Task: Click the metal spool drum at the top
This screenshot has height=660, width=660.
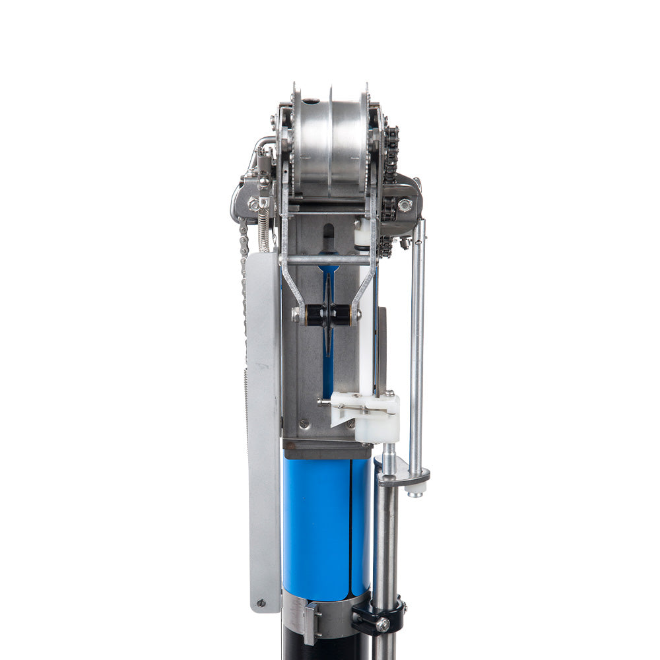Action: pos(313,148)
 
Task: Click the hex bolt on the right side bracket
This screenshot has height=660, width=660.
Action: pos(405,205)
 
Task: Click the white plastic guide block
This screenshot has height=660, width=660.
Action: pos(370,412)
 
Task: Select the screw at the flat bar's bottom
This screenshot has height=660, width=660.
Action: pos(261,603)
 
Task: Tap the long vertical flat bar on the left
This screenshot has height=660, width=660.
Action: pos(264,429)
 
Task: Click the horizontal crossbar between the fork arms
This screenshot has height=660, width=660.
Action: pos(328,260)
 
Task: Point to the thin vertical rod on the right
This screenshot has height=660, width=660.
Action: pos(417,343)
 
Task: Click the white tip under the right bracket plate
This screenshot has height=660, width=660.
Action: pos(414,491)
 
